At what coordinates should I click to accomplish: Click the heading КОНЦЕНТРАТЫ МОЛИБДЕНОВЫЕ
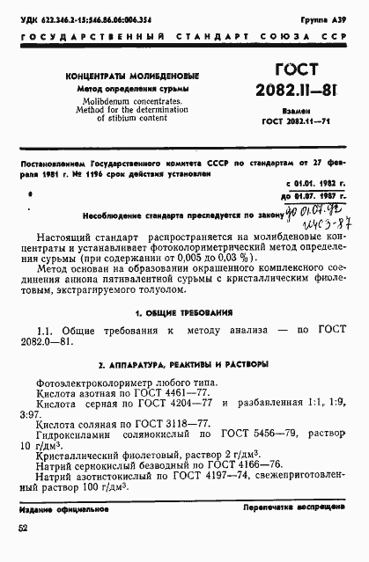[132, 76]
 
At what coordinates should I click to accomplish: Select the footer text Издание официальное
[60, 510]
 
